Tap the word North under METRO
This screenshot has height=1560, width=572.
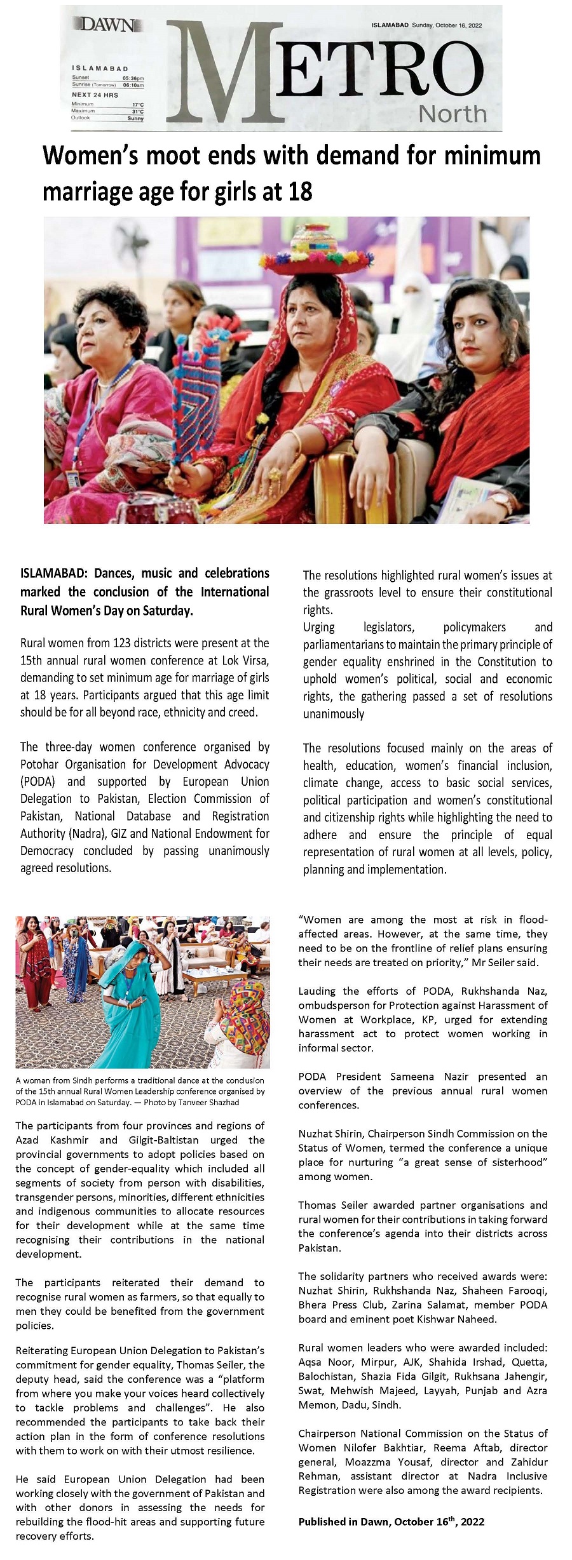click(x=453, y=114)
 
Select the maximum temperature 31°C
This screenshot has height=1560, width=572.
click(x=137, y=111)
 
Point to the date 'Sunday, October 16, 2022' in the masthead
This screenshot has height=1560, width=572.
click(x=447, y=25)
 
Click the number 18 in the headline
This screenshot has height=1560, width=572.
click(x=300, y=191)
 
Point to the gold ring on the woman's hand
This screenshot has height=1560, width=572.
click(x=275, y=473)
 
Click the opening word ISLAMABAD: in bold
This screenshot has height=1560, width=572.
click(x=55, y=573)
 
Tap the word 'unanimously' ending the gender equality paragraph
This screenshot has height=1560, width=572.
click(x=334, y=714)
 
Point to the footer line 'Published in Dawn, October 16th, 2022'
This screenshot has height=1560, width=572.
click(x=392, y=1521)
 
